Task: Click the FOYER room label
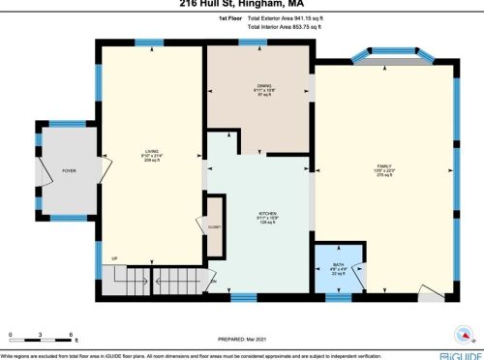click(69, 171)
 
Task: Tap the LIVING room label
click(152, 151)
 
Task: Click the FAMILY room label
click(384, 166)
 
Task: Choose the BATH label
click(338, 264)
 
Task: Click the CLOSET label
click(214, 226)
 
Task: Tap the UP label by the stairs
click(114, 258)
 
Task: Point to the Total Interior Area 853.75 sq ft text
click(293, 27)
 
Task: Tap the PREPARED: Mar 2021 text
click(242, 340)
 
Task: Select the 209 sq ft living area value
click(152, 161)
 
